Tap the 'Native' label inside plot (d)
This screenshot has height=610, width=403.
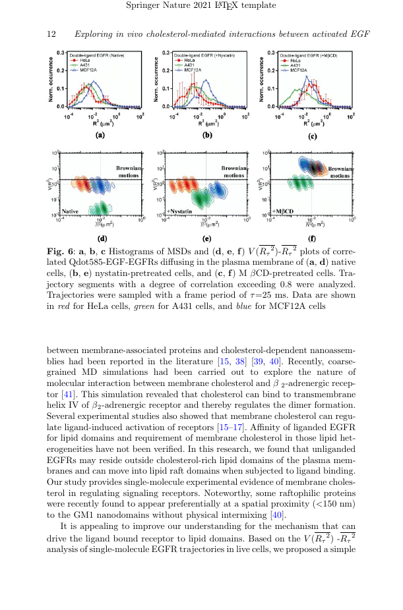pyautogui.click(x=71, y=211)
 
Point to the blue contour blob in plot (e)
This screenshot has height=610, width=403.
pyautogui.click(x=218, y=192)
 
